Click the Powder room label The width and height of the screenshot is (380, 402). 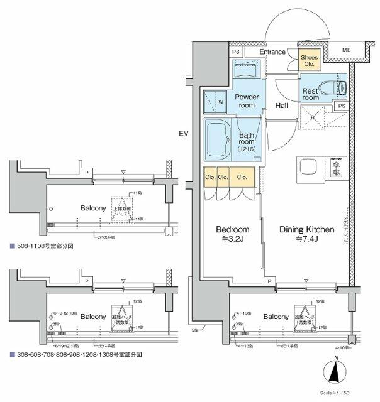[x=247, y=101]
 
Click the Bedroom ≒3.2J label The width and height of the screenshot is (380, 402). [x=233, y=233]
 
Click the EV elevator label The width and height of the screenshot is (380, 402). [x=183, y=134]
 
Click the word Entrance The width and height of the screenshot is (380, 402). [x=273, y=52]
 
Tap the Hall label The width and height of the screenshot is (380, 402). [x=281, y=106]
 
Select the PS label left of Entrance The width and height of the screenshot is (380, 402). [x=235, y=52]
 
